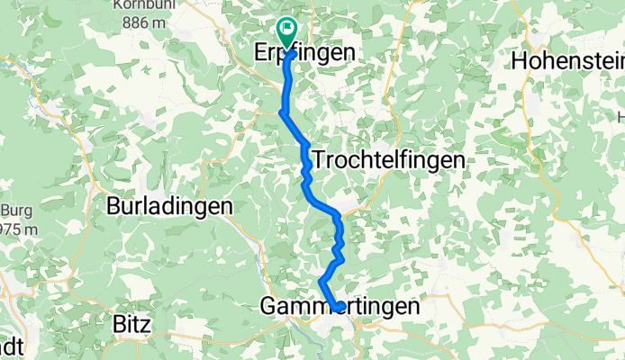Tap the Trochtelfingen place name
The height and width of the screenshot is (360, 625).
point(388,160)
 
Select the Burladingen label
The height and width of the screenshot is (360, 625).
point(169,206)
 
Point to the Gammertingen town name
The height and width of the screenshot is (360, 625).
point(340,307)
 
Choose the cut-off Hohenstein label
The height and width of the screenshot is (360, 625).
point(568,61)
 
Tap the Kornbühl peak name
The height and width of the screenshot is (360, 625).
point(134,5)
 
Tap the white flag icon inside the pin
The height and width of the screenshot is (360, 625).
point(288,29)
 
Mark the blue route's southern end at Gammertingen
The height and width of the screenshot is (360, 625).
point(339,308)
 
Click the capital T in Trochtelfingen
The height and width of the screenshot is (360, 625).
point(318,160)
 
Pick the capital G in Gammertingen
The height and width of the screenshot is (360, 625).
point(268,307)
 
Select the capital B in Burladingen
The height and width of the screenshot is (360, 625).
point(113,206)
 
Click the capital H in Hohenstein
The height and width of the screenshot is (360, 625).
point(519,61)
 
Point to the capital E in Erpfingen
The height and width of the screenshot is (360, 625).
point(263,54)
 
